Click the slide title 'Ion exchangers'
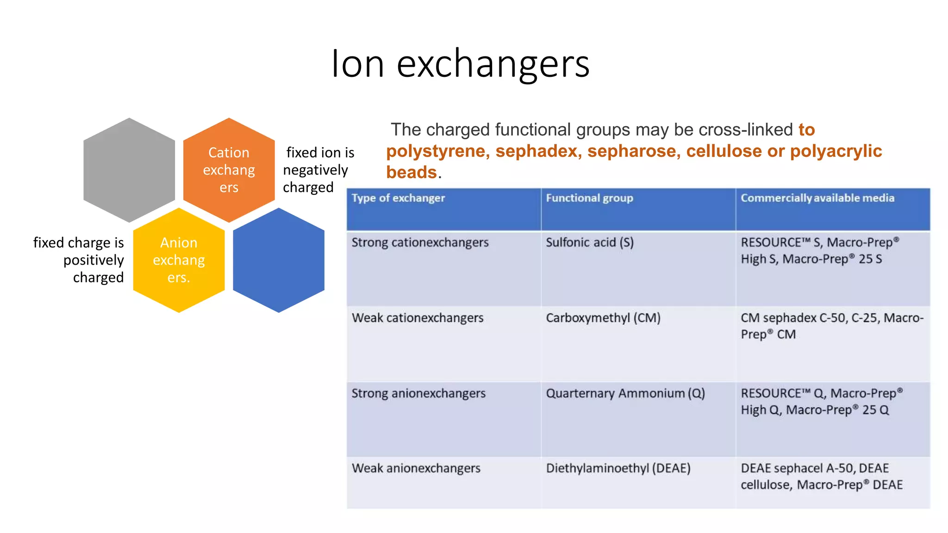click(460, 64)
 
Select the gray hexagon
click(129, 170)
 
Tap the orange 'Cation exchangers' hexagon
click(229, 170)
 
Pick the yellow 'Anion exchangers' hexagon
click(179, 260)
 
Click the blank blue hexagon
click(279, 260)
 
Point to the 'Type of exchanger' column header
click(398, 198)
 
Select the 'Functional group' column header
click(589, 198)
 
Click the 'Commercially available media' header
click(817, 198)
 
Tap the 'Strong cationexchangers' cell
click(420, 242)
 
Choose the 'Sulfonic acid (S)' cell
click(590, 242)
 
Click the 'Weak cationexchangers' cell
click(418, 318)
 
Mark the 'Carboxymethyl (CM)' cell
click(603, 318)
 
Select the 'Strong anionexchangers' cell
click(418, 393)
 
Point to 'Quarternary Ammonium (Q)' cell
click(625, 393)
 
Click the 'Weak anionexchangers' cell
click(416, 468)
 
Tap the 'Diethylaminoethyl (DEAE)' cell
click(618, 468)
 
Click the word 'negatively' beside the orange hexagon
click(315, 170)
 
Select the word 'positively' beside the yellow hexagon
click(94, 260)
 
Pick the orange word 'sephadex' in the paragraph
click(536, 151)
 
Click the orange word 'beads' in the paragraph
click(412, 173)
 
